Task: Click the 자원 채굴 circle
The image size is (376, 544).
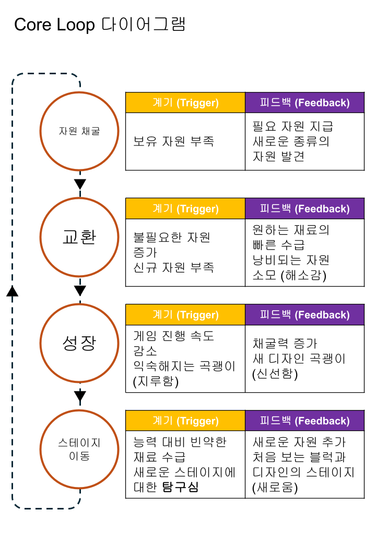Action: [79, 131]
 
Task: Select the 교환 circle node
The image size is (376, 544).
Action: [79, 237]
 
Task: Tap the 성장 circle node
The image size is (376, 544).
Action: [79, 343]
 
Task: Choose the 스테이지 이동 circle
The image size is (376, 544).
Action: [79, 449]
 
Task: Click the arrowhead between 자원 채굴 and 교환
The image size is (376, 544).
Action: [80, 184]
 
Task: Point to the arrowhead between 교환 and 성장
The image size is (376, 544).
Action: [80, 290]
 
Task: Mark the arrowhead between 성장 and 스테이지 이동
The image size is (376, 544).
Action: [80, 396]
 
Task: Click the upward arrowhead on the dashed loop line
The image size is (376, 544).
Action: [13, 291]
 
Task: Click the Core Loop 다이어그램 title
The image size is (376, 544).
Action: [99, 25]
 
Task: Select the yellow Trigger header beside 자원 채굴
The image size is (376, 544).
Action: [185, 103]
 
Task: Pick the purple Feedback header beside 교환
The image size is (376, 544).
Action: [304, 209]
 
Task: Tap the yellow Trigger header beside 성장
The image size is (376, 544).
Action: [185, 315]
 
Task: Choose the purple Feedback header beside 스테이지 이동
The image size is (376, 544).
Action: [304, 421]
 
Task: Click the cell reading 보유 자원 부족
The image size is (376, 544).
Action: [173, 141]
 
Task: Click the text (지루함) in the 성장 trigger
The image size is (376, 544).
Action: [156, 381]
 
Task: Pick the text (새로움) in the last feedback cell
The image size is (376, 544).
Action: [275, 488]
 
